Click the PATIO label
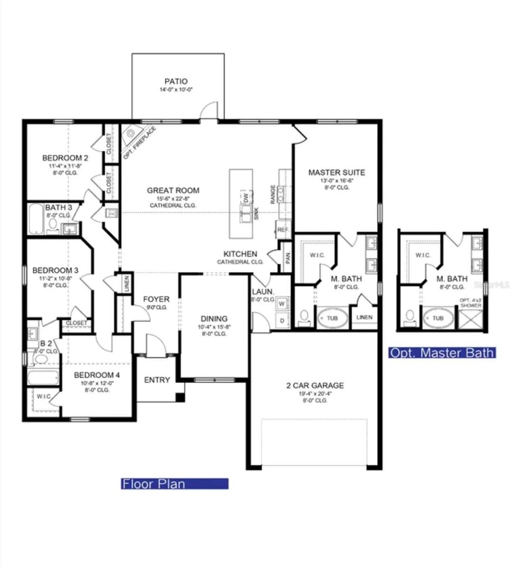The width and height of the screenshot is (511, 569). click(176, 82)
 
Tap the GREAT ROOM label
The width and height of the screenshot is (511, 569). click(173, 191)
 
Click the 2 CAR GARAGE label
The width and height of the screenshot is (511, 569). click(315, 385)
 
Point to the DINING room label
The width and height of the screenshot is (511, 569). click(214, 319)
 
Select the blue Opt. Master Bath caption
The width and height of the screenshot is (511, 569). click(442, 353)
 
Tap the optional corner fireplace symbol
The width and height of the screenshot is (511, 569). click(131, 135)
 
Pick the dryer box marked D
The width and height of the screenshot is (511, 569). click(282, 321)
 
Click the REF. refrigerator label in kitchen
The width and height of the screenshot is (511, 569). click(283, 230)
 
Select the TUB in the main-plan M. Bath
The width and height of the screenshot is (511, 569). click(332, 318)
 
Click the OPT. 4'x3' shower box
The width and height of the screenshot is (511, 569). click(471, 318)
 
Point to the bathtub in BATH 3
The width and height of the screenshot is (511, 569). click(36, 219)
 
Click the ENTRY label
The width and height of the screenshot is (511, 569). click(157, 380)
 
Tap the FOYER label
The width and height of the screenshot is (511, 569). click(156, 299)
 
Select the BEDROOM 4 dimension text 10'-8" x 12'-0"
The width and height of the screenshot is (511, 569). click(97, 383)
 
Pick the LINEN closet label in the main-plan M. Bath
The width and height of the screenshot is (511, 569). click(365, 317)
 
